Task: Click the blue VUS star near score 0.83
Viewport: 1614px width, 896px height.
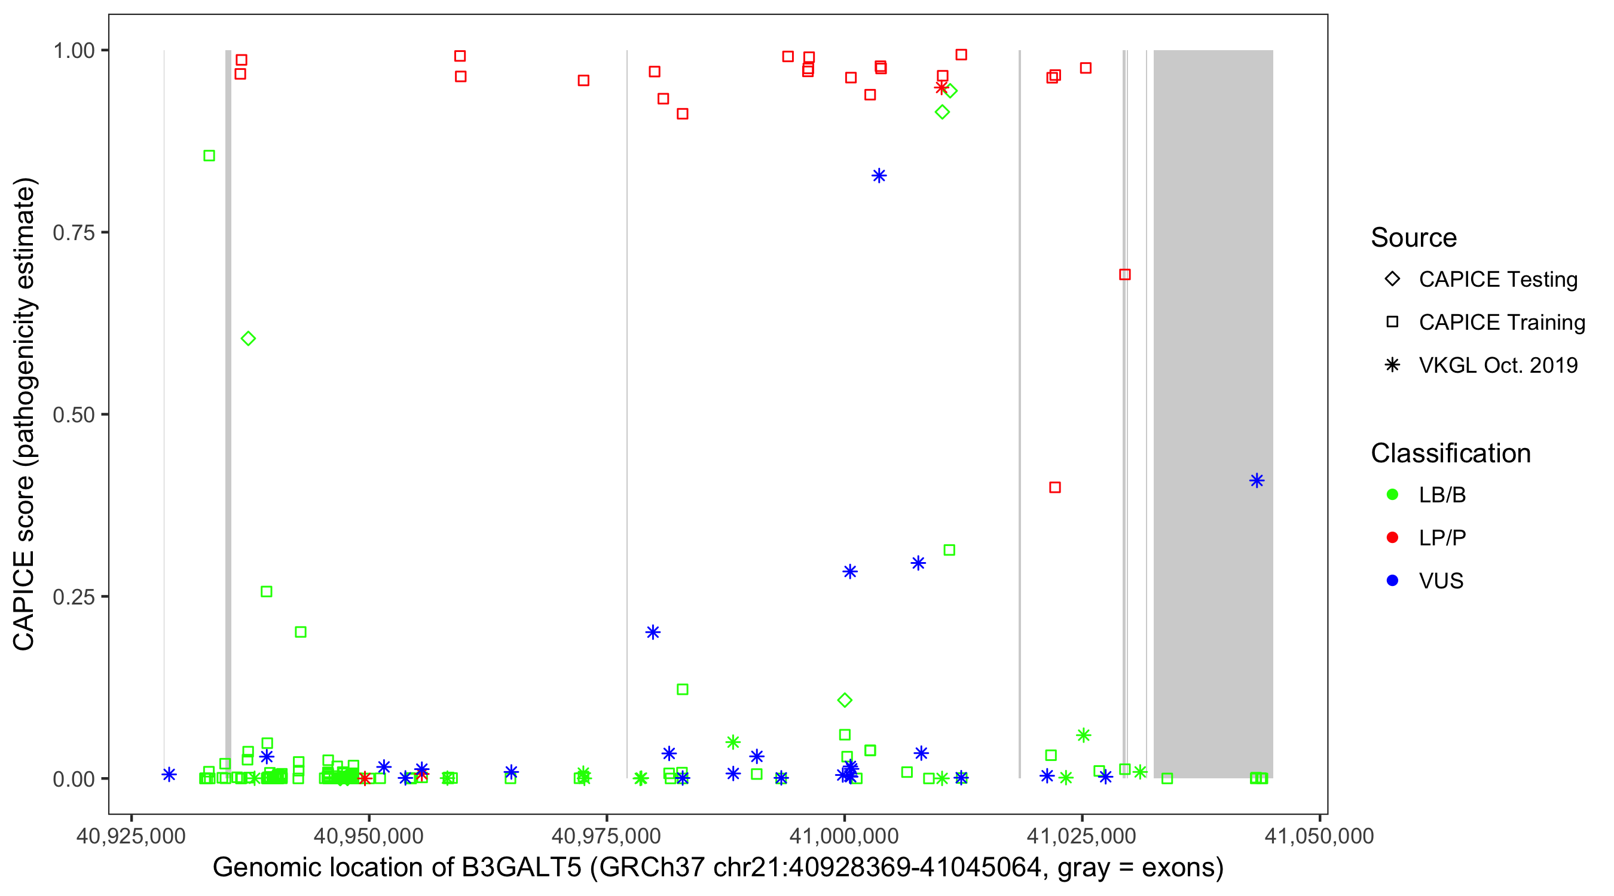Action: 879,176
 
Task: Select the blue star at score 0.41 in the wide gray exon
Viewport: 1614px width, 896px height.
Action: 1257,481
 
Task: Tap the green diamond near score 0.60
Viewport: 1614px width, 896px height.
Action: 248,339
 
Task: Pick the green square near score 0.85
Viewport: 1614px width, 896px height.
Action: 209,156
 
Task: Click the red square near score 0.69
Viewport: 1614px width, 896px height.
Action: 1124,274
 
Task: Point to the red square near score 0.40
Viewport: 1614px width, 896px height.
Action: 1055,487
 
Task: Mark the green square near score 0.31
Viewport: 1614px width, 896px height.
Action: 949,550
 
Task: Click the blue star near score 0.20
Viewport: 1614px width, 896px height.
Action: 653,633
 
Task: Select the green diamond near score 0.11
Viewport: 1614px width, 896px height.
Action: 845,700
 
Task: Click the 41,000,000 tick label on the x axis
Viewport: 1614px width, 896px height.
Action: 844,836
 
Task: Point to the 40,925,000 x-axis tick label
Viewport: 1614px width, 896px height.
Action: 131,836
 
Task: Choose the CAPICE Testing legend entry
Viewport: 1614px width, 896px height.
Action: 1497,280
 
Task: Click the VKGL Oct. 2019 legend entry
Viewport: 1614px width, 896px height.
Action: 1497,365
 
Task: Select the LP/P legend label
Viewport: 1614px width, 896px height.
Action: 1442,538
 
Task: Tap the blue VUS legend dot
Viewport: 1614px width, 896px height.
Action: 1392,581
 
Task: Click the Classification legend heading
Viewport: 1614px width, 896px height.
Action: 1450,453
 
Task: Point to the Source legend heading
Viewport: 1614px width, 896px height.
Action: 1414,238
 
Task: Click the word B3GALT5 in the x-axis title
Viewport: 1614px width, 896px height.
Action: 521,868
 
